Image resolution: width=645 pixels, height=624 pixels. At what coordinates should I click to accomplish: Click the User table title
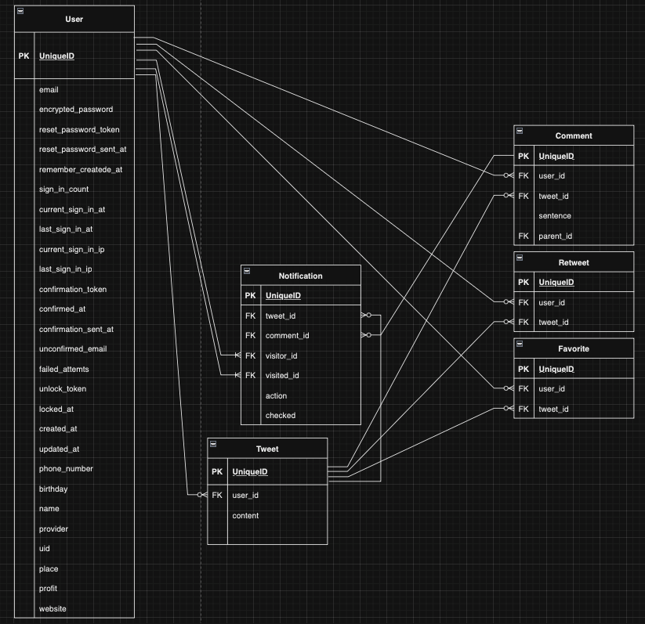pyautogui.click(x=74, y=19)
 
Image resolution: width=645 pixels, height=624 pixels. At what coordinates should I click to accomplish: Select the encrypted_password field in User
pyautogui.click(x=76, y=110)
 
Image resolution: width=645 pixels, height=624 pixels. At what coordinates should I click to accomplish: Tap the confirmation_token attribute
pyautogui.click(x=73, y=290)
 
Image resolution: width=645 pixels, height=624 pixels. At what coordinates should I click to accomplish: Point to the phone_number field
pyautogui.click(x=66, y=469)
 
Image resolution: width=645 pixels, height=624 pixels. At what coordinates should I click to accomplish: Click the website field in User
pyautogui.click(x=53, y=608)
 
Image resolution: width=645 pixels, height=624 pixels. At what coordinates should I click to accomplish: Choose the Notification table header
pyautogui.click(x=300, y=276)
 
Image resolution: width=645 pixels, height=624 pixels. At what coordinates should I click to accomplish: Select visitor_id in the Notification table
pyautogui.click(x=281, y=355)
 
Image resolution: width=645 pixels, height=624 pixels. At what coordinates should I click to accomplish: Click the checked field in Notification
pyautogui.click(x=280, y=415)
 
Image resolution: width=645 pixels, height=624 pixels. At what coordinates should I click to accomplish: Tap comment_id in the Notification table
pyautogui.click(x=287, y=335)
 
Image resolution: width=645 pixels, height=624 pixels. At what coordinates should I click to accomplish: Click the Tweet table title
pyautogui.click(x=266, y=449)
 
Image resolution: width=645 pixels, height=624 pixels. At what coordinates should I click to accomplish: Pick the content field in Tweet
pyautogui.click(x=245, y=515)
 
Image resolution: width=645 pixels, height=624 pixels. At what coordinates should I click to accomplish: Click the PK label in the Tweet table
pyautogui.click(x=217, y=472)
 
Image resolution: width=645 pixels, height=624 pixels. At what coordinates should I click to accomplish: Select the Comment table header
pyautogui.click(x=574, y=135)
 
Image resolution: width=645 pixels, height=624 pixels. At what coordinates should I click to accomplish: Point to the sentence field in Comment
pyautogui.click(x=554, y=215)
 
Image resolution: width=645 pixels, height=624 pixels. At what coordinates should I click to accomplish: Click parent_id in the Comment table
pyautogui.click(x=555, y=236)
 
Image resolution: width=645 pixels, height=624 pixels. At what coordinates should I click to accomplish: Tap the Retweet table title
pyautogui.click(x=574, y=262)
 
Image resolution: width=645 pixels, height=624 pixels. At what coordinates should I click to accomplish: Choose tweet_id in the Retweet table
pyautogui.click(x=553, y=322)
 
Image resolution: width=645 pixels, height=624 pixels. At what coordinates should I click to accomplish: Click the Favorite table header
pyautogui.click(x=574, y=348)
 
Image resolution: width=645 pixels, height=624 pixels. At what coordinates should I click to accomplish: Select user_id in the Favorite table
pyautogui.click(x=552, y=388)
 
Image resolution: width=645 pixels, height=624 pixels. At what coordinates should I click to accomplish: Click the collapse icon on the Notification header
pyautogui.click(x=247, y=270)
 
